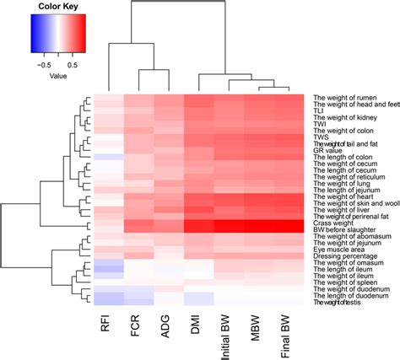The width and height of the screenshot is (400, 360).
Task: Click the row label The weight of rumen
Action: (x=342, y=97)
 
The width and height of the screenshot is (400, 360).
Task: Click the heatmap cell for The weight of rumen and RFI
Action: (x=109, y=97)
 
